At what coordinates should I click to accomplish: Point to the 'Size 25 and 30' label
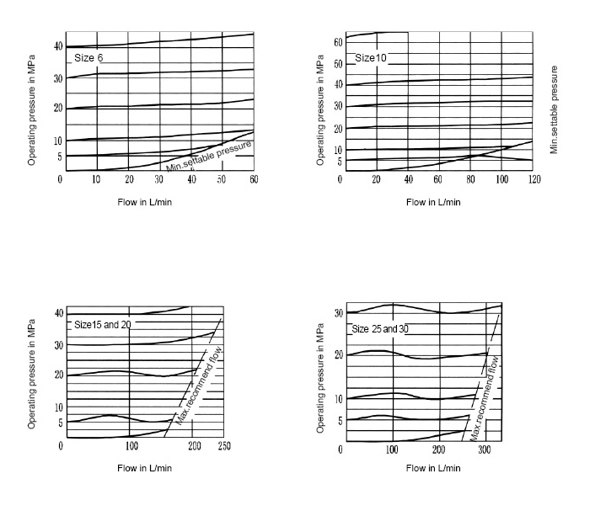(x=379, y=328)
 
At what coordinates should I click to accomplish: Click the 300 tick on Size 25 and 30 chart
(x=484, y=449)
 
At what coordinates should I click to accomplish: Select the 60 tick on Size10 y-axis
(x=338, y=41)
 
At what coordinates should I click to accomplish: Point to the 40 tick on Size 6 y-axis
(x=58, y=45)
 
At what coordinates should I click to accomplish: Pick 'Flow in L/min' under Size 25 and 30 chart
(x=432, y=469)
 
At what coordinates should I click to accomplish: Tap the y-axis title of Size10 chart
(x=320, y=105)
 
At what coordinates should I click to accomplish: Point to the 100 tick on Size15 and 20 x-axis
(x=131, y=446)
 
